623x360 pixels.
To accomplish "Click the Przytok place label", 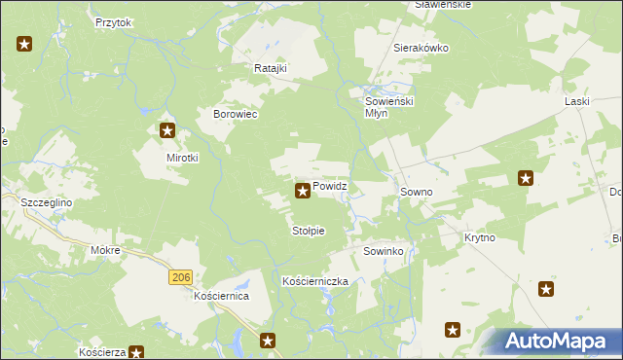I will pos(113,20).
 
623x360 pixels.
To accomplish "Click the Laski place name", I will pos(578,100).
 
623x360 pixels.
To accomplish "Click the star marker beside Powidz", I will pos(303,191).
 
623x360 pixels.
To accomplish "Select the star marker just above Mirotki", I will pos(167,130).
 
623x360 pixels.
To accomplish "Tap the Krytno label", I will pos(480,237).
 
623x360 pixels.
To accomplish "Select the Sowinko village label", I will pos(384,251).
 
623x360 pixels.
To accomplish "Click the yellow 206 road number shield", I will pos(179,278).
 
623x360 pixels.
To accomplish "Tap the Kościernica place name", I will pos(222,295).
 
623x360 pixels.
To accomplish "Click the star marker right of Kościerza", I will pos(137,353).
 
